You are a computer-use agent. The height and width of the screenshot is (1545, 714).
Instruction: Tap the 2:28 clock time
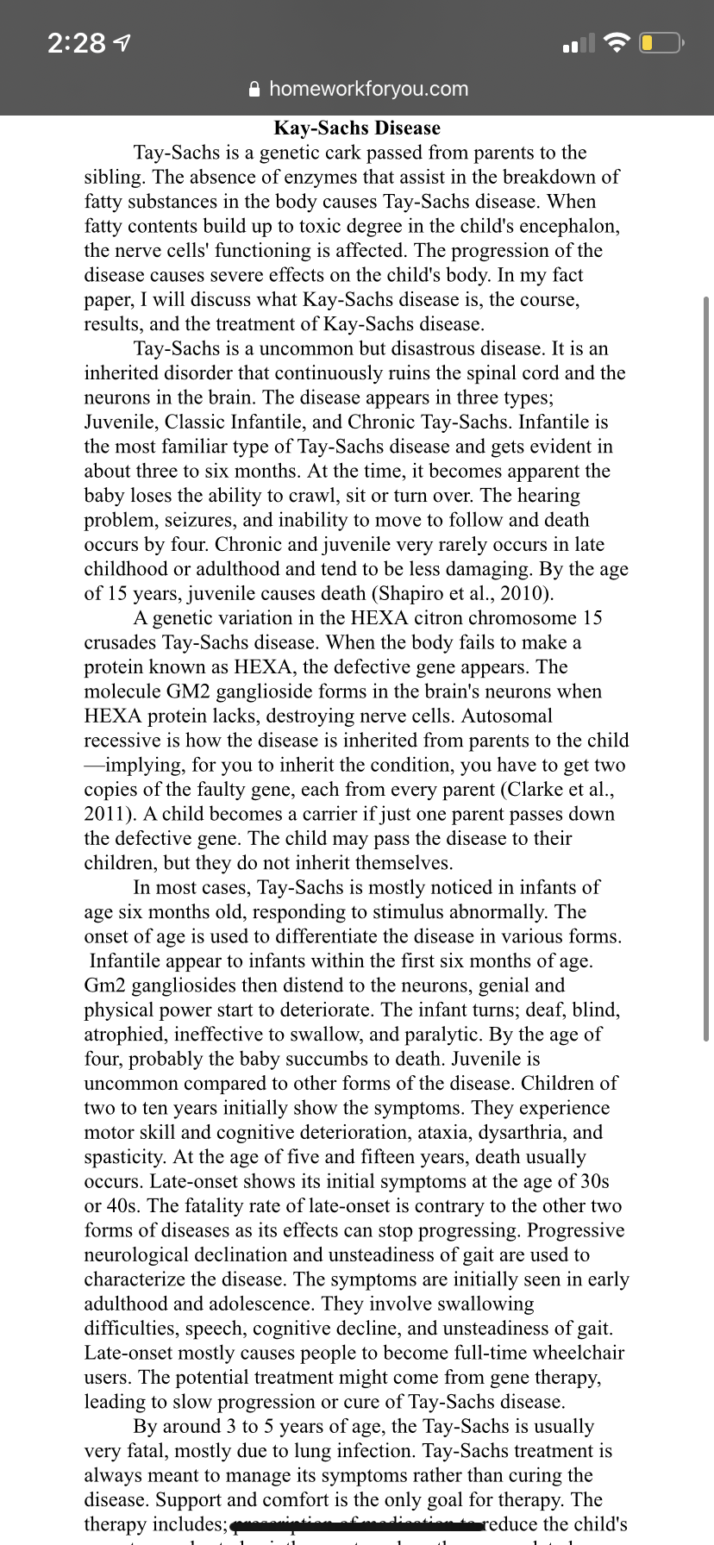(76, 43)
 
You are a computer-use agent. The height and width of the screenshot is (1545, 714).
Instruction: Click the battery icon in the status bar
(660, 43)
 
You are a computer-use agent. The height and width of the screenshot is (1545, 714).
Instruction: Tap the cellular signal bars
(578, 43)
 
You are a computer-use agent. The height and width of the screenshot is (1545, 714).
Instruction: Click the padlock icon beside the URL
(254, 89)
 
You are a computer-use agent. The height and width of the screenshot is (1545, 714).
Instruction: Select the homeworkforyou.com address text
(368, 89)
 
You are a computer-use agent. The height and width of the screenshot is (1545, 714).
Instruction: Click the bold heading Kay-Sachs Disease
(357, 128)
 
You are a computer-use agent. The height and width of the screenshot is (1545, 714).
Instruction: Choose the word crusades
(120, 643)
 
